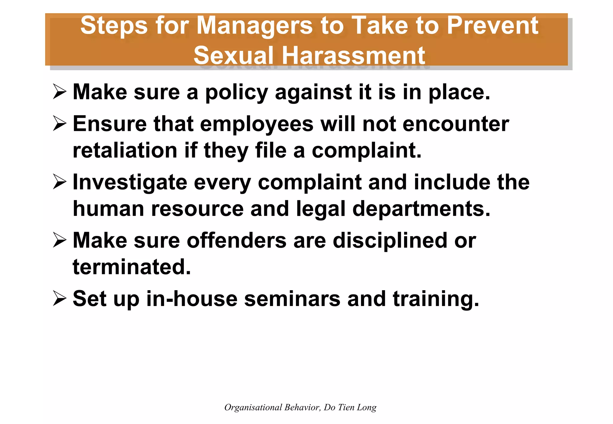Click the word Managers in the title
point(254,26)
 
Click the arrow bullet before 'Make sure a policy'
point(60,91)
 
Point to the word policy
point(236,93)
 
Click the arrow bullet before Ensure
point(60,123)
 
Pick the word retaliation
point(125,150)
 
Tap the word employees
point(257,124)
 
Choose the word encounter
point(456,124)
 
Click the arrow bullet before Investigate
point(60,181)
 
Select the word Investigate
point(130,183)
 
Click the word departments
point(421,209)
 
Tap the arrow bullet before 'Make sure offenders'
point(60,240)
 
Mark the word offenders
point(236,240)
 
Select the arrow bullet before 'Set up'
point(60,298)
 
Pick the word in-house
point(192,299)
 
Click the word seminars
point(292,299)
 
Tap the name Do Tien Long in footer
point(350,408)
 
